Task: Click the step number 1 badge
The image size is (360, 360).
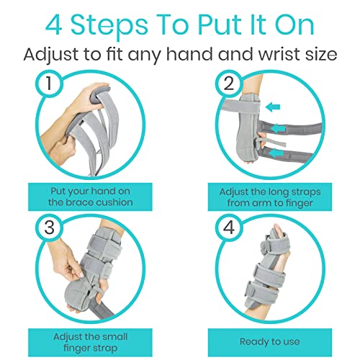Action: tap(49, 84)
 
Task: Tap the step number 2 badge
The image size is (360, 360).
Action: tap(229, 84)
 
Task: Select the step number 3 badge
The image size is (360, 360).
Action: tap(49, 228)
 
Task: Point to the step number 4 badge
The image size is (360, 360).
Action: tap(229, 228)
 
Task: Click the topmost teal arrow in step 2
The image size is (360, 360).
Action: tap(273, 107)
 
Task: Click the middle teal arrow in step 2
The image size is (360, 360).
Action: tap(278, 129)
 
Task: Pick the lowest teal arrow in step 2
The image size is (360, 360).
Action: tap(276, 153)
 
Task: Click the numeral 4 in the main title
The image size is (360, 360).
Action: tap(54, 25)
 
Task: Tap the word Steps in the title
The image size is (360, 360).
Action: tap(109, 27)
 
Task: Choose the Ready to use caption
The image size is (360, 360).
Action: tap(270, 341)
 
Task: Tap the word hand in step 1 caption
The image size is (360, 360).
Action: tap(103, 192)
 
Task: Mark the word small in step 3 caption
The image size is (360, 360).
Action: tap(114, 336)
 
